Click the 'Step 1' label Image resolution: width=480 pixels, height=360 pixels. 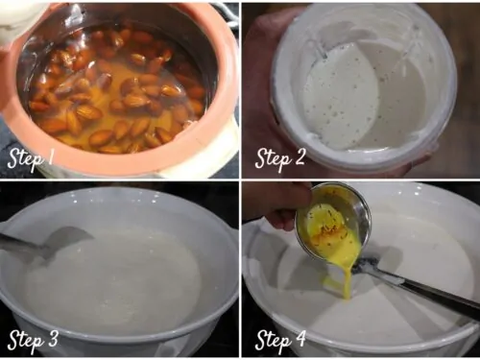point(31,159)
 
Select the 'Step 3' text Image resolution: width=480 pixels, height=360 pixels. point(33,340)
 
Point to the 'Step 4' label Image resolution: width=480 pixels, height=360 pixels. point(280,340)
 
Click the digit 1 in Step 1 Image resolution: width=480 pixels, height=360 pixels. point(50,156)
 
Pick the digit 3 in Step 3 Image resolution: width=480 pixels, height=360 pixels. point(51,338)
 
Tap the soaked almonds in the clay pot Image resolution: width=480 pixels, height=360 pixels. point(118,93)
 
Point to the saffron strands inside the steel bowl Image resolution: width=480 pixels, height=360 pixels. point(329,226)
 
